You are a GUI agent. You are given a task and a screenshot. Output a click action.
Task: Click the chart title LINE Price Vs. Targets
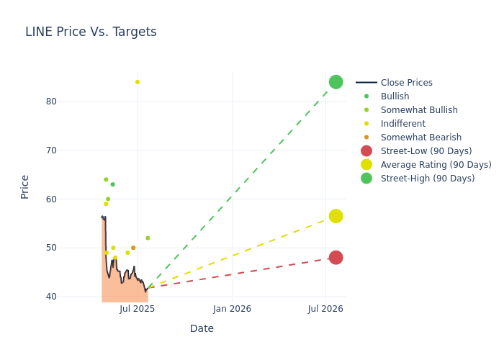pyautogui.click(x=91, y=32)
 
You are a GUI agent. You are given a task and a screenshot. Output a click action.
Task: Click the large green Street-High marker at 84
pyautogui.click(x=336, y=82)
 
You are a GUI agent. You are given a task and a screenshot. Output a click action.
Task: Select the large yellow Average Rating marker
pyautogui.click(x=336, y=216)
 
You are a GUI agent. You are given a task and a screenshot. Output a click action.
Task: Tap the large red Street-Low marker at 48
pyautogui.click(x=336, y=258)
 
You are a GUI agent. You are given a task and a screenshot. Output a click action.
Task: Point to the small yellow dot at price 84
pyautogui.click(x=138, y=82)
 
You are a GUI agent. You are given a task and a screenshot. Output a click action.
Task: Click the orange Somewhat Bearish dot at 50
pyautogui.click(x=133, y=248)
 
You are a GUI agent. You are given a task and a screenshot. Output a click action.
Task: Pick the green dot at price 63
pyautogui.click(x=112, y=184)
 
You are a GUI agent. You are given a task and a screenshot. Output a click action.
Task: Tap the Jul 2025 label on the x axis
pyautogui.click(x=138, y=309)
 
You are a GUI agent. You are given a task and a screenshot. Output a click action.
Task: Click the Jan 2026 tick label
pyautogui.click(x=232, y=309)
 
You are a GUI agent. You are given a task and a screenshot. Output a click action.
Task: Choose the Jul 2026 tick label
pyautogui.click(x=325, y=309)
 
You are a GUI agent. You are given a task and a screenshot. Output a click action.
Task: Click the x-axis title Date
pyautogui.click(x=202, y=328)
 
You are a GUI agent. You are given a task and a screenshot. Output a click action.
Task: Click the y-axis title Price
pyautogui.click(x=25, y=186)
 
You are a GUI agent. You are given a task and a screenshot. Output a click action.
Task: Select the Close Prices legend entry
pyautogui.click(x=406, y=83)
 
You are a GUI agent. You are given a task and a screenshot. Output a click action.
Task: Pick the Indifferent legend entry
pyautogui.click(x=402, y=124)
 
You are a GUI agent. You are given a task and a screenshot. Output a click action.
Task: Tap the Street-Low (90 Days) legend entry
pyautogui.click(x=426, y=151)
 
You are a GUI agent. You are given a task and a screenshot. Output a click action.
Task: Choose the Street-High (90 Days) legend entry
pyautogui.click(x=428, y=179)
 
